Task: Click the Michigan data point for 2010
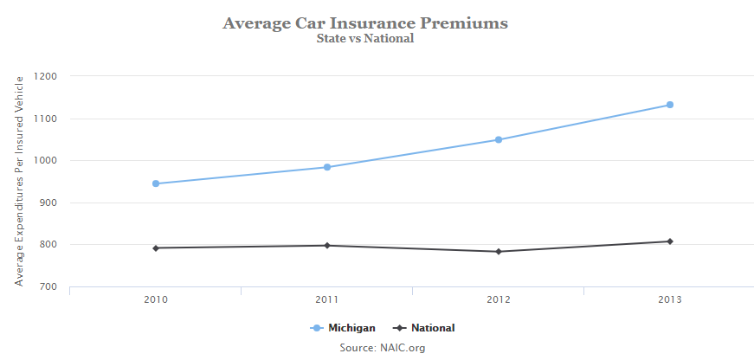click(156, 183)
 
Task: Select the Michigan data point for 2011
click(327, 167)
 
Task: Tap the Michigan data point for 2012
click(499, 139)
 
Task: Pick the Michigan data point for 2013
click(670, 105)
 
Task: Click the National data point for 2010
click(156, 248)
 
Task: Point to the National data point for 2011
click(327, 246)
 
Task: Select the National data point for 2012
click(499, 252)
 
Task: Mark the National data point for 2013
click(670, 241)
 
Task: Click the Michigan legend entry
click(343, 328)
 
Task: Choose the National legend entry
click(424, 328)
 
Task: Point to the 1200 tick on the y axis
click(46, 76)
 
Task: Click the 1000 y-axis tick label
click(46, 160)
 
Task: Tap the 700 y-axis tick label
click(48, 286)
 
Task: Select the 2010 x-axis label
click(156, 300)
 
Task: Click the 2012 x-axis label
click(499, 300)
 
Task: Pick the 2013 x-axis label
click(670, 300)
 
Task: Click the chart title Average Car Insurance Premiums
click(365, 22)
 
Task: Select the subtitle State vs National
click(365, 38)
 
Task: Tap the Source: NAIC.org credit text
click(383, 348)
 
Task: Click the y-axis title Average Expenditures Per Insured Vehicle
click(19, 181)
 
